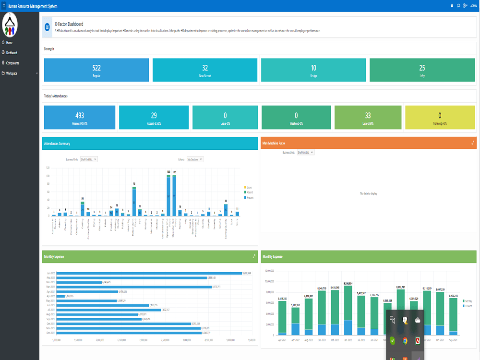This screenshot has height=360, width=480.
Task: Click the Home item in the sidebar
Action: coord(9,43)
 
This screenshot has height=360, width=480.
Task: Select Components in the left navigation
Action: coord(12,63)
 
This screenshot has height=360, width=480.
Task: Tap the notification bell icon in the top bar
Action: coord(452,5)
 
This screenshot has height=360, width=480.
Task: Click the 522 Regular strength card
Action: coord(96,70)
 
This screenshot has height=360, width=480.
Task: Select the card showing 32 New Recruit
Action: coord(205,70)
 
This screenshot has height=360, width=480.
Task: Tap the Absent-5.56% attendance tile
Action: coord(154,118)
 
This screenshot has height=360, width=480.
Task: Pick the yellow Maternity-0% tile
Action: coord(440,118)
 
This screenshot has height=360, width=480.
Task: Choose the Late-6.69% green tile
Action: coord(368,118)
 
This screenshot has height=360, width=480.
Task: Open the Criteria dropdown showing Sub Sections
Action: coord(195,159)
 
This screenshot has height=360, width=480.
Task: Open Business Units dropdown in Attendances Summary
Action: coord(89,159)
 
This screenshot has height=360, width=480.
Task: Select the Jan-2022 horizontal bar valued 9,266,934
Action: coord(149,273)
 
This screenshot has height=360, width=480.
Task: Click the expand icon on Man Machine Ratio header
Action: coord(473,143)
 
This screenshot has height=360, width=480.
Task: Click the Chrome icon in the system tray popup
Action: coord(405,341)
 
